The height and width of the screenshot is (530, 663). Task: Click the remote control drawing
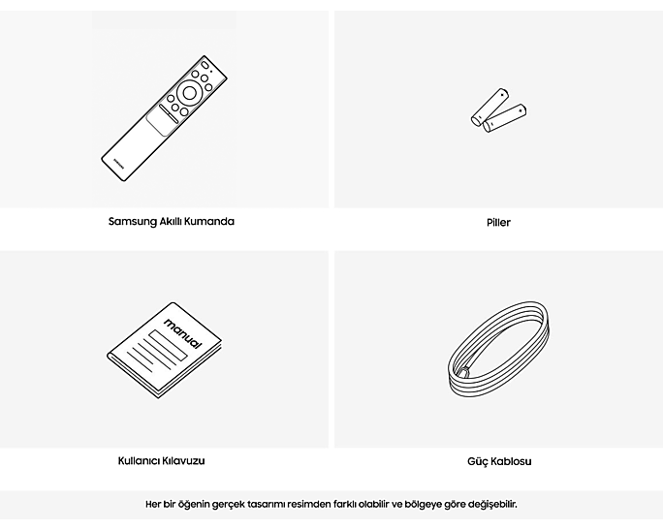pos(164,118)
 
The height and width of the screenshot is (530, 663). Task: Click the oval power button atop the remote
pos(205,65)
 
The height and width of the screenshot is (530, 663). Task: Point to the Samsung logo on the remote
pos(119,164)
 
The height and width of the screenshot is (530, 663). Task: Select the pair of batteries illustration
pos(498,110)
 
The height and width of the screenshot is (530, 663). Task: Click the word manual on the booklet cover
pos(183,334)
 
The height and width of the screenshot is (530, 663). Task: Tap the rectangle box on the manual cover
pos(168,345)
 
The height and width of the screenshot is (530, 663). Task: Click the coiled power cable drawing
pos(499,350)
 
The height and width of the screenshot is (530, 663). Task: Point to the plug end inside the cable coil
pos(465,372)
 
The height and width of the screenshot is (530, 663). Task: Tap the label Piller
pos(498,222)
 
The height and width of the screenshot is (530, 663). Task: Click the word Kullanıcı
pos(138,460)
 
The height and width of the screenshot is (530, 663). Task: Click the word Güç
pos(477,461)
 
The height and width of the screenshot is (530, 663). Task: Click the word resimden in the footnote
pos(308,504)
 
